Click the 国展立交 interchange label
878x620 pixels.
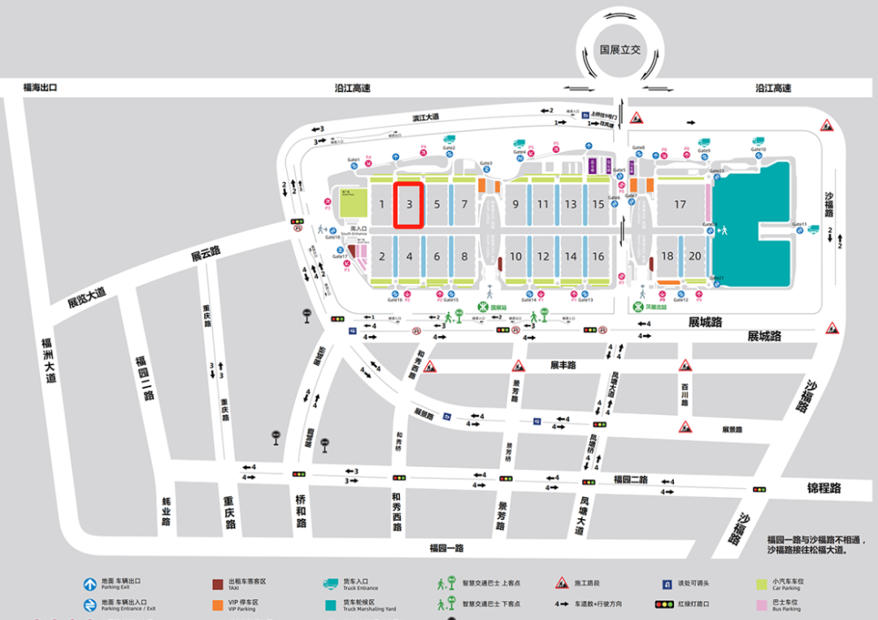(x=620, y=50)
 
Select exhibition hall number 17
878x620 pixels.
(x=680, y=204)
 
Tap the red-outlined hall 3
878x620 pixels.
(x=410, y=204)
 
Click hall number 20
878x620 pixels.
(x=694, y=256)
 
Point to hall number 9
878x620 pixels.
(x=515, y=204)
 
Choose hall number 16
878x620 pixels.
(x=598, y=256)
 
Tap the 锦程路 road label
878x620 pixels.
(x=824, y=489)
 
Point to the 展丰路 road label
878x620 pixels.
(x=563, y=365)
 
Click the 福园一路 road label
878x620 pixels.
(x=446, y=548)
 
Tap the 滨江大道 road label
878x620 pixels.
(x=425, y=117)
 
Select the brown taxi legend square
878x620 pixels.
(x=217, y=584)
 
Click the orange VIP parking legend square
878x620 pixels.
(x=217, y=605)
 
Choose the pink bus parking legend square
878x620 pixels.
(x=762, y=605)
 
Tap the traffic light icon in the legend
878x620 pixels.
(x=664, y=605)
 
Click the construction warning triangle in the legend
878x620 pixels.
(x=561, y=583)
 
